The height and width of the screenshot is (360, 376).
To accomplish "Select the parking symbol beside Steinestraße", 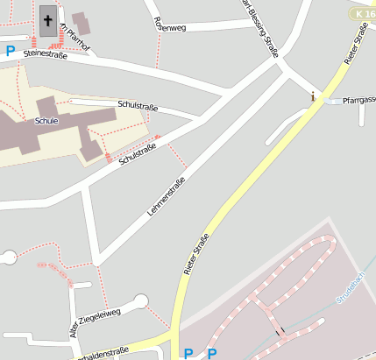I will (11, 52).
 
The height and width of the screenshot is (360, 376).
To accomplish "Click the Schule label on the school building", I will (46, 121).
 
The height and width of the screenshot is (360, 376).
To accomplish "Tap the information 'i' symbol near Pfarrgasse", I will (313, 96).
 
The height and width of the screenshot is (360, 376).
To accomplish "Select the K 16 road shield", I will (362, 14).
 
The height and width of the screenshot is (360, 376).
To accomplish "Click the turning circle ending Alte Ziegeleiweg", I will (140, 302).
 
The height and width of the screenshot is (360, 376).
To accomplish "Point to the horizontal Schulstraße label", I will (137, 106).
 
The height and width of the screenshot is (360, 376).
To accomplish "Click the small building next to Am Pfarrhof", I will (82, 24).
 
